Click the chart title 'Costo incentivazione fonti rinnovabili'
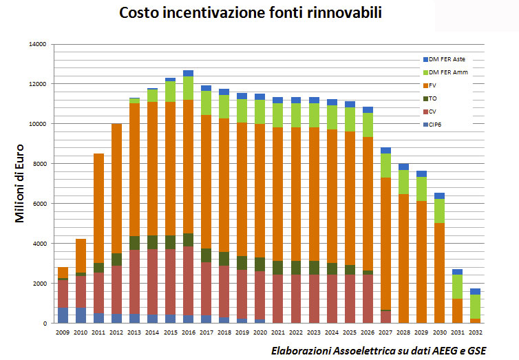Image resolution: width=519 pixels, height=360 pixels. coord(259,13)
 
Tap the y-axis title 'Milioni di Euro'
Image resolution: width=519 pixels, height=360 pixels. coord(21,182)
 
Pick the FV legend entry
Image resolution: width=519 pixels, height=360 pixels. coord(432,85)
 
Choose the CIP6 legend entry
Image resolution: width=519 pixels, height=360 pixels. coord(435,124)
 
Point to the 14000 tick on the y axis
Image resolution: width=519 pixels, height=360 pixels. coord(36,44)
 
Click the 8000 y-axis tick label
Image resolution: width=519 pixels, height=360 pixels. coord(38,164)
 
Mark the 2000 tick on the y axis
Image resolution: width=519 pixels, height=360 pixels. coord(38,284)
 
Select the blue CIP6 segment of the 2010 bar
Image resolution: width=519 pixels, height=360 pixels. coord(81,315)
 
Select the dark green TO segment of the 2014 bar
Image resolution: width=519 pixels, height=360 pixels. coord(152,242)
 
